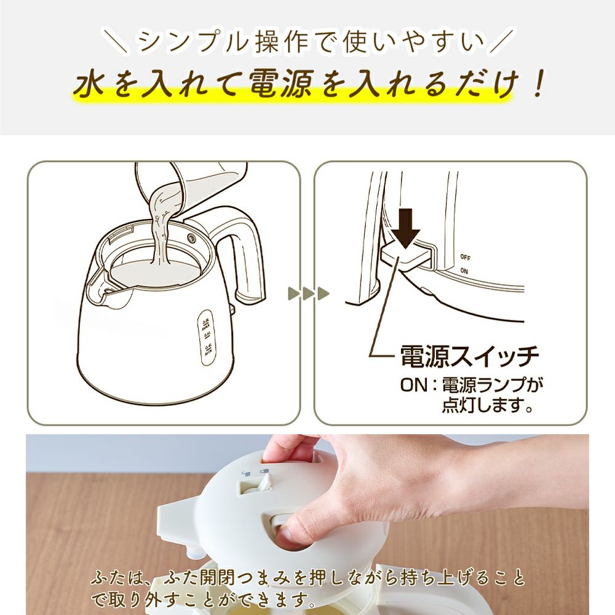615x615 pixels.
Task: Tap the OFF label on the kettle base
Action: point(465,257)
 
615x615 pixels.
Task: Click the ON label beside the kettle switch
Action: point(464,271)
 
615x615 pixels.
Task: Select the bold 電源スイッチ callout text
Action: point(469,356)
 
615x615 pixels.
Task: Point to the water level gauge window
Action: point(205,337)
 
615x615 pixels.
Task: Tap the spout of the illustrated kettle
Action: point(102,280)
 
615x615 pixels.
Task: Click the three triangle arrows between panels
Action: point(308,293)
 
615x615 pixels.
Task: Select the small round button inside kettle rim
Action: point(191,238)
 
